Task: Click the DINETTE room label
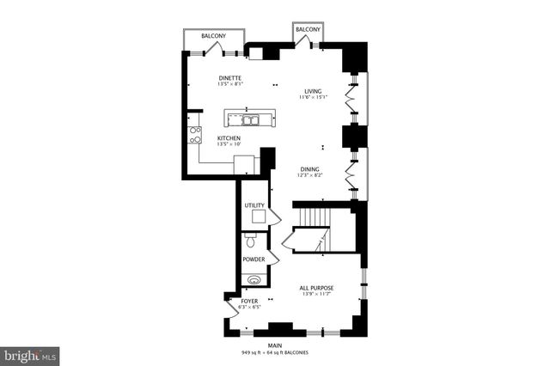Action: coord(230,77)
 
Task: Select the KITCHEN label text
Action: coord(229,138)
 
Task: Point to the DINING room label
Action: coord(310,169)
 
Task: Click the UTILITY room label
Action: coord(254,205)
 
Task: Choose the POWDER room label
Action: coord(253,259)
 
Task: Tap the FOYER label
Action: coord(249,301)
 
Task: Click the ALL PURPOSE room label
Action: coord(316,288)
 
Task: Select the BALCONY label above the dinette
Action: coord(213,36)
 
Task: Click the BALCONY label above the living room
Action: coord(308,29)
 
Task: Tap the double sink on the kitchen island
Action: coord(250,119)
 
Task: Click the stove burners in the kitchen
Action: coord(195,134)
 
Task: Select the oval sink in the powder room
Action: coord(253,279)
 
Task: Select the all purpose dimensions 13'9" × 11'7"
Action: coord(316,295)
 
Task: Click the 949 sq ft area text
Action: coord(259,352)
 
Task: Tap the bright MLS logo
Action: coord(30,354)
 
